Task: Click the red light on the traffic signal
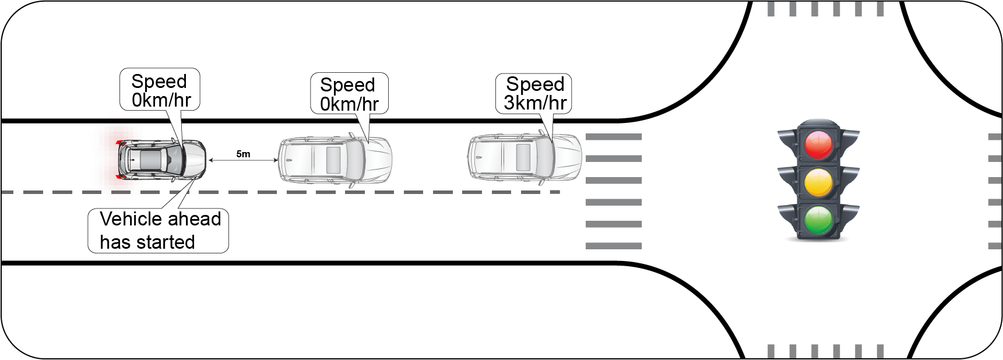click(x=818, y=144)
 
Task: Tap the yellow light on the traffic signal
click(x=818, y=182)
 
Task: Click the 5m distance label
click(x=243, y=154)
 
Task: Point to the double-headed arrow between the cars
click(x=243, y=160)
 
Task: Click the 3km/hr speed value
click(x=535, y=103)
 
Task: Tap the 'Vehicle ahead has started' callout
click(x=158, y=231)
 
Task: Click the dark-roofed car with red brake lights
click(x=160, y=159)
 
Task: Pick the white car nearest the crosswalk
click(x=525, y=158)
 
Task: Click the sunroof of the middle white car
click(x=334, y=160)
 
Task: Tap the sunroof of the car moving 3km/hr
click(x=523, y=158)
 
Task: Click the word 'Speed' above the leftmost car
click(x=159, y=82)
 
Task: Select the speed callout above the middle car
click(x=349, y=94)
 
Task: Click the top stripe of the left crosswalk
click(x=614, y=137)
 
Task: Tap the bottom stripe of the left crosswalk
click(x=614, y=246)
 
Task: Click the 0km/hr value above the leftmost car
click(x=161, y=100)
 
